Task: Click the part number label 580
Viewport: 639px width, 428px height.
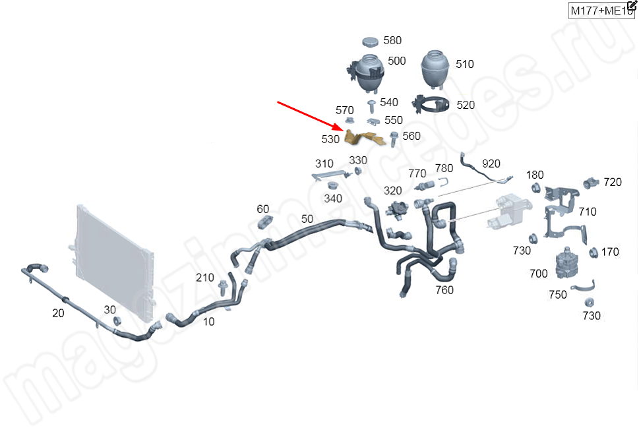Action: [392, 41]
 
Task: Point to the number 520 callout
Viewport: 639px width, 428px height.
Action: [466, 105]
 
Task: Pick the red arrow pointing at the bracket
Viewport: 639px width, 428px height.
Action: [309, 115]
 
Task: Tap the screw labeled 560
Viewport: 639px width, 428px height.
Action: [393, 138]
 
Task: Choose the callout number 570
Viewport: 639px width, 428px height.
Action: [345, 110]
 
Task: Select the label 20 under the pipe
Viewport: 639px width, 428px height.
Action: [58, 313]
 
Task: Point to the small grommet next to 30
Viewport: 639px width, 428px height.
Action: [117, 321]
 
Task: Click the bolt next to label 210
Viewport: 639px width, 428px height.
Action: [222, 288]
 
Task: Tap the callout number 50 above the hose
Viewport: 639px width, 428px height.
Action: [307, 219]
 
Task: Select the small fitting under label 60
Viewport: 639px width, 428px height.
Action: [264, 221]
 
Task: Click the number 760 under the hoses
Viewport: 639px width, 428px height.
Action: [444, 290]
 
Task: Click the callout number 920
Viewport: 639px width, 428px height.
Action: [491, 164]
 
